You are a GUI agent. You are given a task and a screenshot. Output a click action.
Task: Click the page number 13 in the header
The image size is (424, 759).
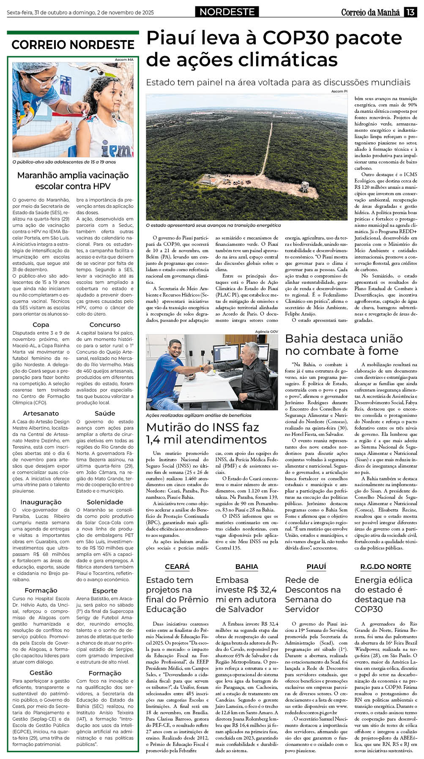click(410, 12)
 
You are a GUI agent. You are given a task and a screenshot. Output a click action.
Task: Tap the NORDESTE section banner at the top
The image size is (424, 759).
click(227, 12)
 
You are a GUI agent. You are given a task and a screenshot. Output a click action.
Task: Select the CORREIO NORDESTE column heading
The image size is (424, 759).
click(73, 45)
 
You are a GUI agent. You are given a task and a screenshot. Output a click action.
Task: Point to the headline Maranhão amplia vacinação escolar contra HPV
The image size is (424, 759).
click(73, 180)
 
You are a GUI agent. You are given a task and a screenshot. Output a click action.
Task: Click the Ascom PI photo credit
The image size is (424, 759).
click(339, 91)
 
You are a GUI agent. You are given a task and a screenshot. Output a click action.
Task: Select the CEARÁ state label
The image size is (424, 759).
click(177, 566)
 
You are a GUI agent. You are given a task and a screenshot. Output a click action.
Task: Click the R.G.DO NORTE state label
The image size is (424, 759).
click(386, 566)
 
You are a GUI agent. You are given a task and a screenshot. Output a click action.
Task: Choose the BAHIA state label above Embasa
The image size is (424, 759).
click(246, 566)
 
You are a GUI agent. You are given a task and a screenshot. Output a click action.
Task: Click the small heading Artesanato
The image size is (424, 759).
click(41, 413)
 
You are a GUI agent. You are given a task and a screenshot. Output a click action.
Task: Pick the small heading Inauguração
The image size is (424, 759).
click(41, 502)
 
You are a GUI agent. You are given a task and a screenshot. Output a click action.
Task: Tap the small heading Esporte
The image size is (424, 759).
click(105, 590)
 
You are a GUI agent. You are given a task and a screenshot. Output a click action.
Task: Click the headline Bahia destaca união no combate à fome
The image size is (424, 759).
click(343, 344)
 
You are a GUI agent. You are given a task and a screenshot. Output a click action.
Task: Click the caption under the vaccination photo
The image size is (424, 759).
click(64, 162)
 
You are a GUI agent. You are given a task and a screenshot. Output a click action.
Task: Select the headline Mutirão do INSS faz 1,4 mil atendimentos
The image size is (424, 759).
click(206, 433)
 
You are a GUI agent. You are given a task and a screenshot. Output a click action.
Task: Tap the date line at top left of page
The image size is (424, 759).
click(80, 12)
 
